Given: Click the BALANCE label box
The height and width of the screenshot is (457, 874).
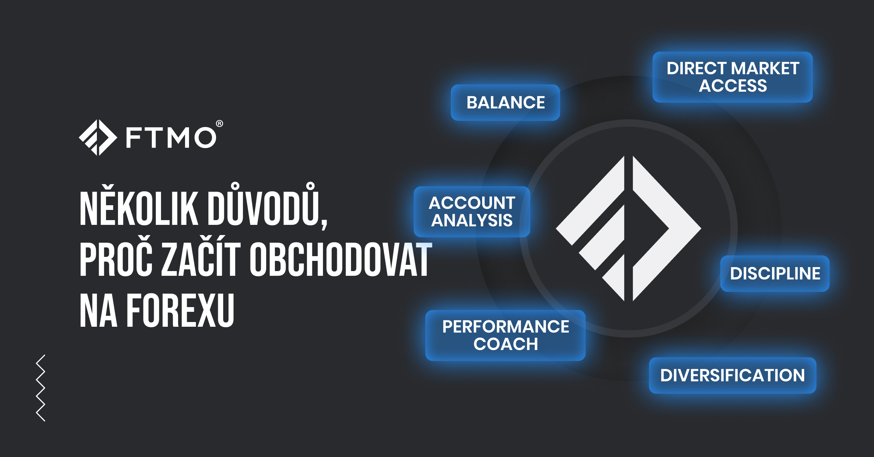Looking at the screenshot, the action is coord(505,102).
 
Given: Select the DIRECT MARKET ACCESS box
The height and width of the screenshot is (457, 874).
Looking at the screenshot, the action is coord(732,77).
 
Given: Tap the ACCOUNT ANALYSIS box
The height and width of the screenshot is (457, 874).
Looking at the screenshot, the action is coord(472,212).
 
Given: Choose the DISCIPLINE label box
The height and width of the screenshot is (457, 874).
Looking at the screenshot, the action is coord(775,274).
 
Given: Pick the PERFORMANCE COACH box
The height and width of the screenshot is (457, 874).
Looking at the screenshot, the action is coord(505,335).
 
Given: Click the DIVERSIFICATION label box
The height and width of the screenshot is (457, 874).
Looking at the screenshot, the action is coord(732,375).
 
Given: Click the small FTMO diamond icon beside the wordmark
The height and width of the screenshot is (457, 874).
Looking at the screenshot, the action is coord(98,138).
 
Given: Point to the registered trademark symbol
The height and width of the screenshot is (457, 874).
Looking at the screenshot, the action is coord(220,124).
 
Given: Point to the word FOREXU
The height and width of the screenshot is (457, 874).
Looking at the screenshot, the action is coord(180,310).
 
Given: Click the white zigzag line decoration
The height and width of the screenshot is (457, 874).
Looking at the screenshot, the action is coord(41,388).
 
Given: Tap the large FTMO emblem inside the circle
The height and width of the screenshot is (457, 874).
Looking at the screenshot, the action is coord(629,228).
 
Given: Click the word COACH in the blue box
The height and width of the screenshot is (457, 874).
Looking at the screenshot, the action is coord(505,344).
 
